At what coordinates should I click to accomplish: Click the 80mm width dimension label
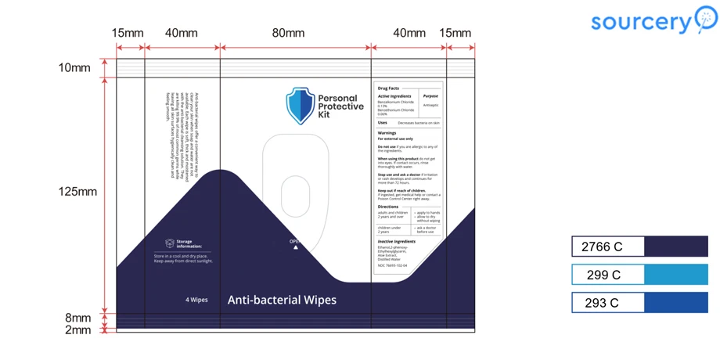(x=288, y=33)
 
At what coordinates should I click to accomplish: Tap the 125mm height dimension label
(x=77, y=191)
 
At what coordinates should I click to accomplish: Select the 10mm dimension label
(x=74, y=67)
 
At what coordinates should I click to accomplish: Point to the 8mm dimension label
(x=77, y=318)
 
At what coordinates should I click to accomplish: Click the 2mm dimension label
(x=77, y=329)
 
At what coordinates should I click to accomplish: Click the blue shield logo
(x=300, y=106)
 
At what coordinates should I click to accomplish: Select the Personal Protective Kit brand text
(x=340, y=107)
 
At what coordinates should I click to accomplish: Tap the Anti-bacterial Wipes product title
(x=282, y=300)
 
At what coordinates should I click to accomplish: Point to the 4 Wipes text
(x=196, y=300)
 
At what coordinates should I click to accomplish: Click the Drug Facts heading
(x=388, y=88)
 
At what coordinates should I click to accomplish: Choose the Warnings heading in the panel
(x=387, y=133)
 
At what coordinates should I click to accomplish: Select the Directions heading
(x=388, y=207)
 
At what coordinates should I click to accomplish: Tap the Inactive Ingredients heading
(x=397, y=242)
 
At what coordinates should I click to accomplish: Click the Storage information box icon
(x=170, y=243)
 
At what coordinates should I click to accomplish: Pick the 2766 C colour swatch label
(x=603, y=247)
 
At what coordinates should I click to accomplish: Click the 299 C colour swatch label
(x=603, y=275)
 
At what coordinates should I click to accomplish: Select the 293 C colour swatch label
(x=602, y=303)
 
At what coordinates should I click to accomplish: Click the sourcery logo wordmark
(x=642, y=21)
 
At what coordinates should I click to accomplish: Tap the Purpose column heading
(x=430, y=96)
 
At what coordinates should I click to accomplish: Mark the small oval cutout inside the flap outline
(x=295, y=196)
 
